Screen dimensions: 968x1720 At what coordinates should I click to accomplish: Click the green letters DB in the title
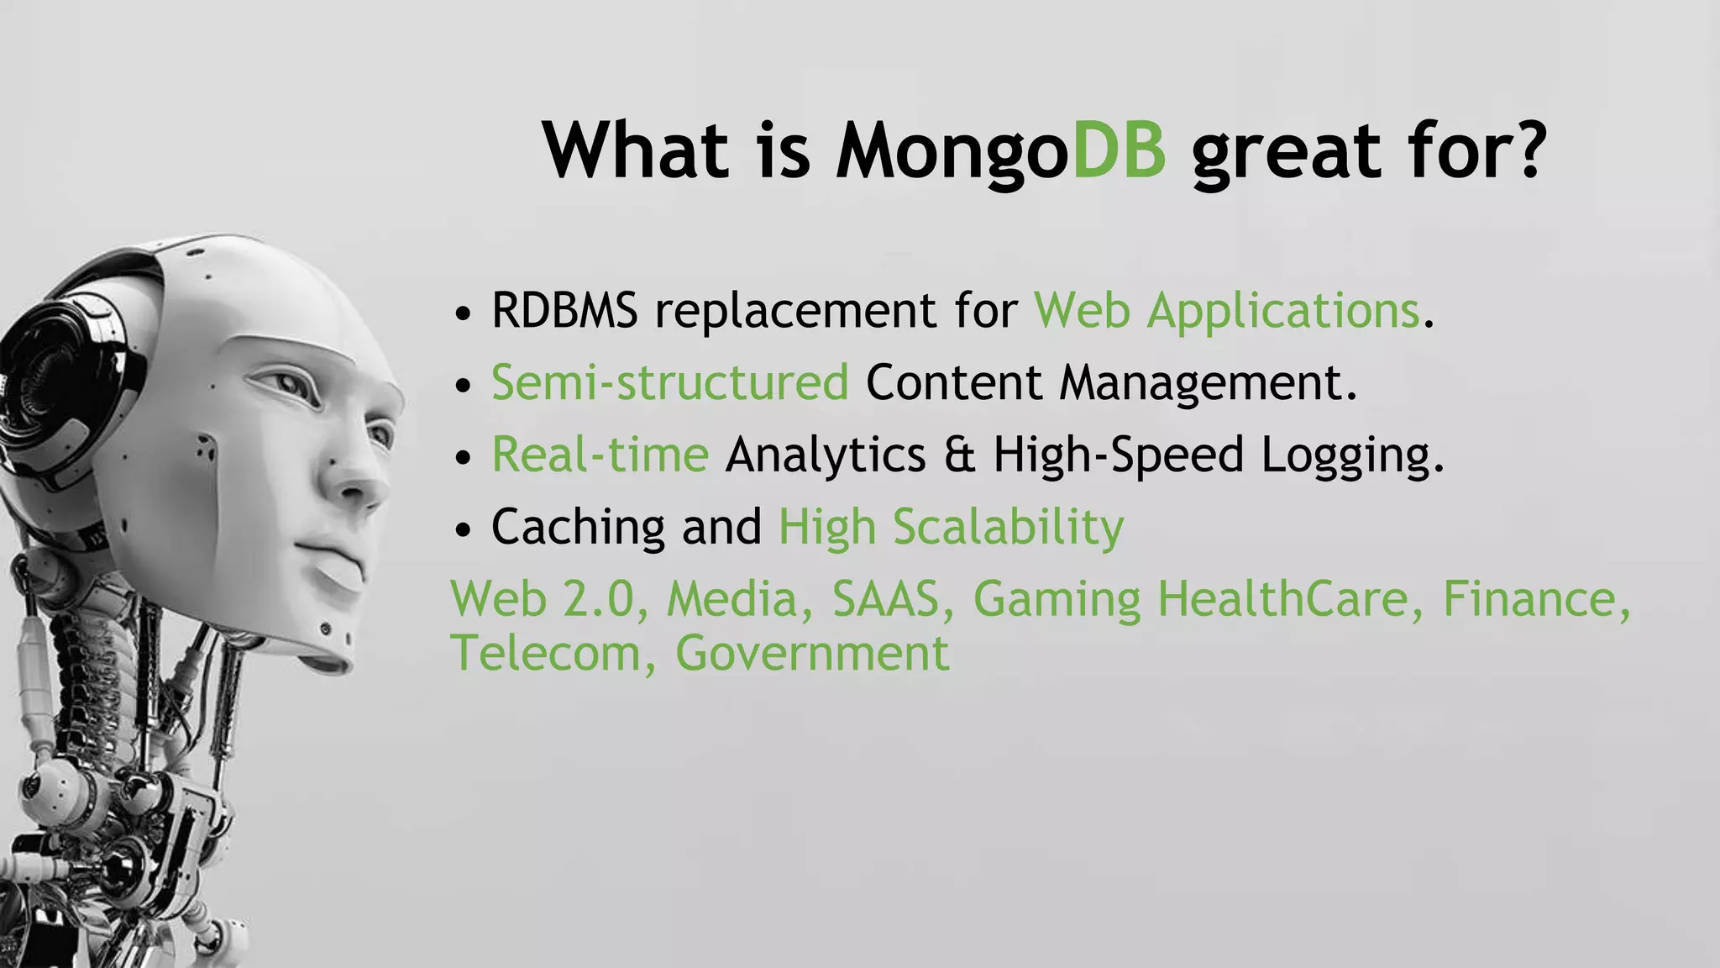pyautogui.click(x=1119, y=151)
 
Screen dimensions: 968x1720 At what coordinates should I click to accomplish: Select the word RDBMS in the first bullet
pyautogui.click(x=564, y=310)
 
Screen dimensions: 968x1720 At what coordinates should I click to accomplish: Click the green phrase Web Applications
pyautogui.click(x=1226, y=312)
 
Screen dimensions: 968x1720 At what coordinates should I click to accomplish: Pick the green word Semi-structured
pyautogui.click(x=669, y=383)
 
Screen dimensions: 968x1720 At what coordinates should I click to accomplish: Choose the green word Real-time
pyautogui.click(x=600, y=455)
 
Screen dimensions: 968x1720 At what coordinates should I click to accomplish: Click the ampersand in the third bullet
pyautogui.click(x=958, y=455)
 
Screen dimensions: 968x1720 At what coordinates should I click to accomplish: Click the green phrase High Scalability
pyautogui.click(x=951, y=528)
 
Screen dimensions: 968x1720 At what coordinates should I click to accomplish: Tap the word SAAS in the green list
pyautogui.click(x=885, y=600)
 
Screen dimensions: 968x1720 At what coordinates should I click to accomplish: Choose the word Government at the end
pyautogui.click(x=812, y=654)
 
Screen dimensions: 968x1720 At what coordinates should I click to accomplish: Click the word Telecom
pyautogui.click(x=546, y=654)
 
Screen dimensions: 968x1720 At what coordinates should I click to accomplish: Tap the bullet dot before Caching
pyautogui.click(x=463, y=531)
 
